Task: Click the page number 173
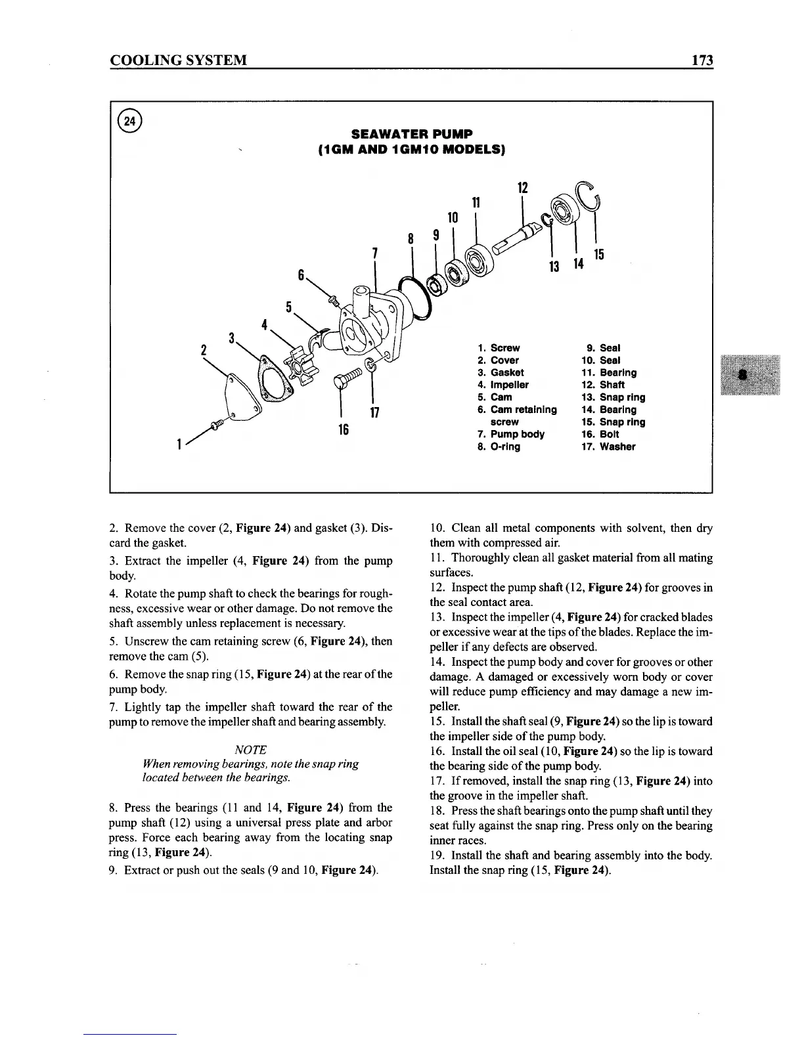(702, 61)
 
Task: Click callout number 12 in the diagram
(523, 188)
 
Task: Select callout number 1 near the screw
(179, 445)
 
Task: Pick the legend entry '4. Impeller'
(503, 385)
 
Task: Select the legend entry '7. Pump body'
(511, 434)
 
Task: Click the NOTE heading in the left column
(250, 750)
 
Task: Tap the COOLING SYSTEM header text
(178, 61)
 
